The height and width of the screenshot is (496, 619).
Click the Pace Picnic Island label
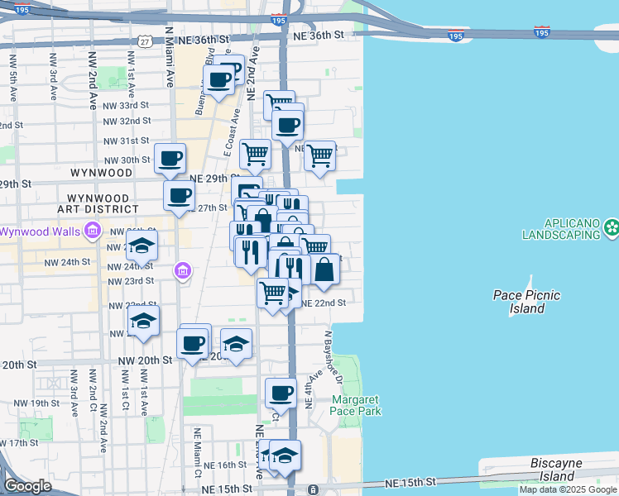point(526,302)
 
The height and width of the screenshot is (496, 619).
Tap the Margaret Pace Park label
point(356,405)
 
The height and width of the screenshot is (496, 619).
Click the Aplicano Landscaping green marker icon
point(612,227)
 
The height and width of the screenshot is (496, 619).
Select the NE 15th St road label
point(410,482)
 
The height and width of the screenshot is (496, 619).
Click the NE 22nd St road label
point(323,303)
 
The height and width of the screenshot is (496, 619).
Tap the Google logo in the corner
point(26,485)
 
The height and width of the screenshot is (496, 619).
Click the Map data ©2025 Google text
point(569,489)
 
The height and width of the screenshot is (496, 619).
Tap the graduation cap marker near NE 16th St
point(285,455)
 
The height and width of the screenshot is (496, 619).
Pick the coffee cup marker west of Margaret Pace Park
point(281,393)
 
